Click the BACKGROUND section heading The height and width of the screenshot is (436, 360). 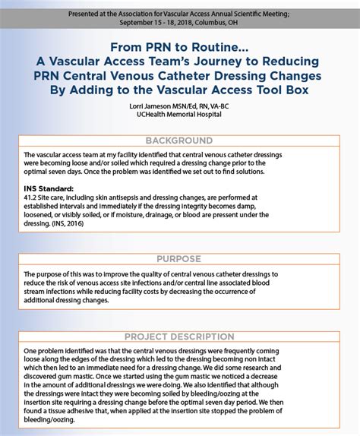[179, 141]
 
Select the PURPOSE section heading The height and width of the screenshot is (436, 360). [179, 258]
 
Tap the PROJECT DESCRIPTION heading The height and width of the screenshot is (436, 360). [179, 336]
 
